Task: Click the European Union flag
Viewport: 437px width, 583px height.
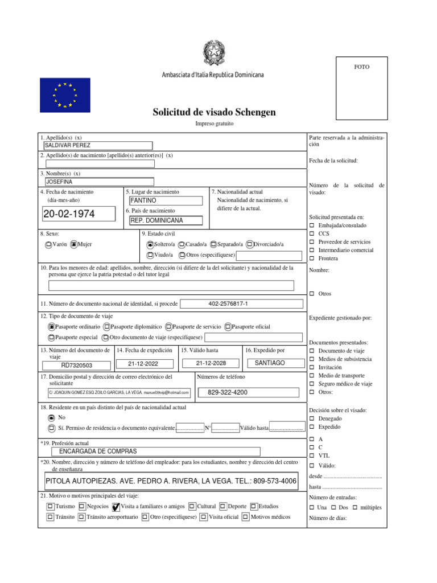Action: click(65, 95)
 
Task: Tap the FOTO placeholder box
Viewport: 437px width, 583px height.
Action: click(361, 88)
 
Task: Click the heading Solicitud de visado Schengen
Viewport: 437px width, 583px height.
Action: click(214, 112)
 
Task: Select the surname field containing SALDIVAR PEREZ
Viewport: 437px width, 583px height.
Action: click(98, 146)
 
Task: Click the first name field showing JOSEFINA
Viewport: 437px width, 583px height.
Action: click(98, 182)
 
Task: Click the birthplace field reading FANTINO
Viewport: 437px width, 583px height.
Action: click(166, 201)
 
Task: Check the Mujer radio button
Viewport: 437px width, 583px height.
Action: click(73, 245)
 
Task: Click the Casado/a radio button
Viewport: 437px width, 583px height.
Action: click(182, 244)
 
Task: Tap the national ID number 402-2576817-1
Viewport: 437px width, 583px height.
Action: click(241, 304)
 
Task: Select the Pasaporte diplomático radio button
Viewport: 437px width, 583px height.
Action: click(107, 327)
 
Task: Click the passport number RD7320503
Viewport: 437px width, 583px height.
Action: click(77, 366)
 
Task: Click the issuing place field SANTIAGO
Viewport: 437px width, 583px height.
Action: click(270, 363)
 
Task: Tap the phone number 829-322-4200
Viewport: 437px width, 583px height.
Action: click(248, 392)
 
